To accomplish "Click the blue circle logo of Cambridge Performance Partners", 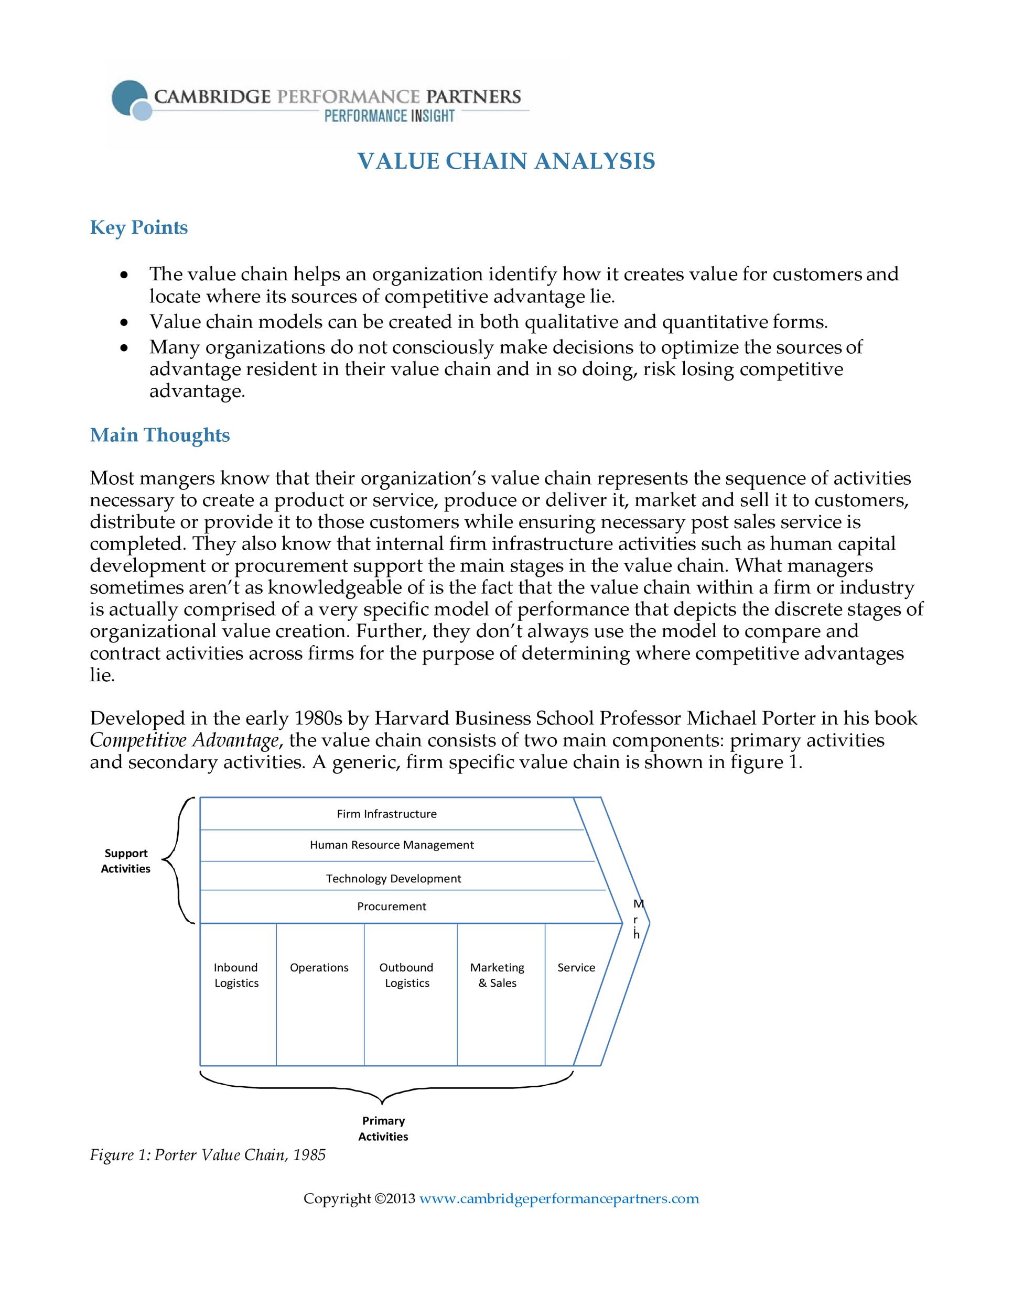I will (x=132, y=99).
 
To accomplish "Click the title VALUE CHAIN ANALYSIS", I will (x=506, y=161).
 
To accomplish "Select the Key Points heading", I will (x=138, y=227).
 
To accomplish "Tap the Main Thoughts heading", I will (x=159, y=435).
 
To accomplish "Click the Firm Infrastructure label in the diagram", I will (x=386, y=814).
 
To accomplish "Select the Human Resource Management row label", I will (x=391, y=845).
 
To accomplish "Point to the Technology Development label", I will (x=393, y=879).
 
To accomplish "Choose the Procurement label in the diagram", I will (x=391, y=907).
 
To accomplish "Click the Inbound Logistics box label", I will (x=236, y=975).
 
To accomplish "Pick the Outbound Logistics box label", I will (x=406, y=975).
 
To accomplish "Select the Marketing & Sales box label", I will (x=497, y=975).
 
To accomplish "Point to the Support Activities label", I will (x=125, y=861).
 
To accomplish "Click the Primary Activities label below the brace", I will (x=383, y=1128).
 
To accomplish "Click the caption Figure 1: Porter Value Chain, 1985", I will (x=208, y=1155).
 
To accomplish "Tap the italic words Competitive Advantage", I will (x=184, y=741).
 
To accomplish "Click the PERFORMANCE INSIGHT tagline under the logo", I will (x=389, y=116).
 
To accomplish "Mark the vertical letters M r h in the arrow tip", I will (x=638, y=920).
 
